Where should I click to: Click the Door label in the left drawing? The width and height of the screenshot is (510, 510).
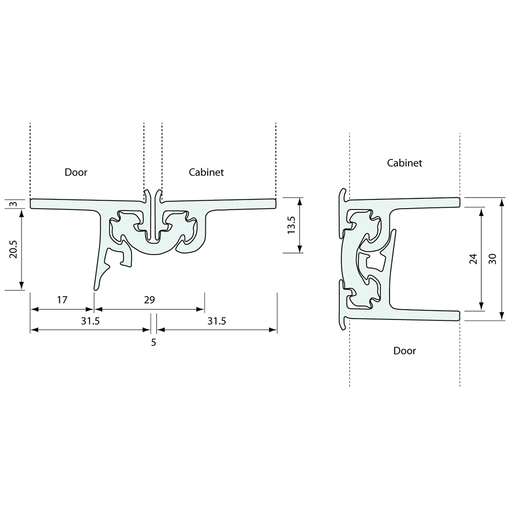[76, 172]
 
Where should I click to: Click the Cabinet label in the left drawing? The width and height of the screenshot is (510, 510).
[206, 172]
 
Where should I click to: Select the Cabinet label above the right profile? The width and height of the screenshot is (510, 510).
[405, 163]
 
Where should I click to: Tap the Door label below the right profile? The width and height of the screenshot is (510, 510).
[405, 351]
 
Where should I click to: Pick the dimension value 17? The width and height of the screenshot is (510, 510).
[62, 300]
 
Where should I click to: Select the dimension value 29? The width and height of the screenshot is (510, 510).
[149, 300]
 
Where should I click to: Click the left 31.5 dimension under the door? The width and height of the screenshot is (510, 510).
[90, 321]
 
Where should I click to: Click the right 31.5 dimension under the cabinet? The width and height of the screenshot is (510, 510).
[217, 321]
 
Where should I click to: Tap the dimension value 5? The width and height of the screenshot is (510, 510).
[153, 343]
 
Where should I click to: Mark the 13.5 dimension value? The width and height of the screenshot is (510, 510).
[291, 225]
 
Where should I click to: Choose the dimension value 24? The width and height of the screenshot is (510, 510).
[473, 259]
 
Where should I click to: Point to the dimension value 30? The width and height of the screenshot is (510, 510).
[492, 259]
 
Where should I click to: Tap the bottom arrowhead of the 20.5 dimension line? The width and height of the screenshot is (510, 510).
[22, 287]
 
